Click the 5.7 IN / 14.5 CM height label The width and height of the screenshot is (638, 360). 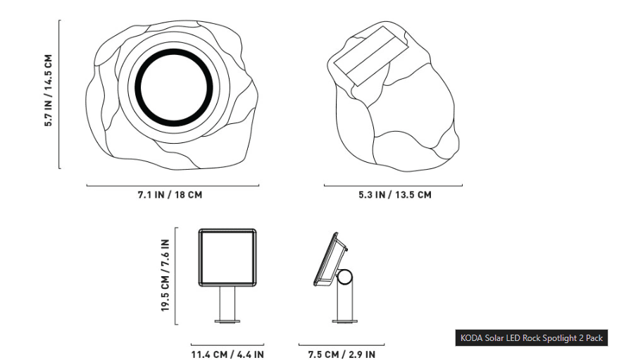pyautogui.click(x=49, y=90)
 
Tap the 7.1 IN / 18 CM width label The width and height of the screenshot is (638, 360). pyautogui.click(x=170, y=194)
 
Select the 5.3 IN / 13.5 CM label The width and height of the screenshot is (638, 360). pyautogui.click(x=394, y=194)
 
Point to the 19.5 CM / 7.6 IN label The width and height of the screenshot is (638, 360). pyautogui.click(x=165, y=275)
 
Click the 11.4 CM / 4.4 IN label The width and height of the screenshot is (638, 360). pyautogui.click(x=227, y=354)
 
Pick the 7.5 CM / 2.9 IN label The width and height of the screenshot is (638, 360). pyautogui.click(x=342, y=354)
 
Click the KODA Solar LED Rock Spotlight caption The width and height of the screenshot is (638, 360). pyautogui.click(x=532, y=338)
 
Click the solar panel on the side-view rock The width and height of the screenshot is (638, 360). pyautogui.click(x=371, y=56)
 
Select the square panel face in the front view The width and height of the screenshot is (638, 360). pyautogui.click(x=227, y=257)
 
